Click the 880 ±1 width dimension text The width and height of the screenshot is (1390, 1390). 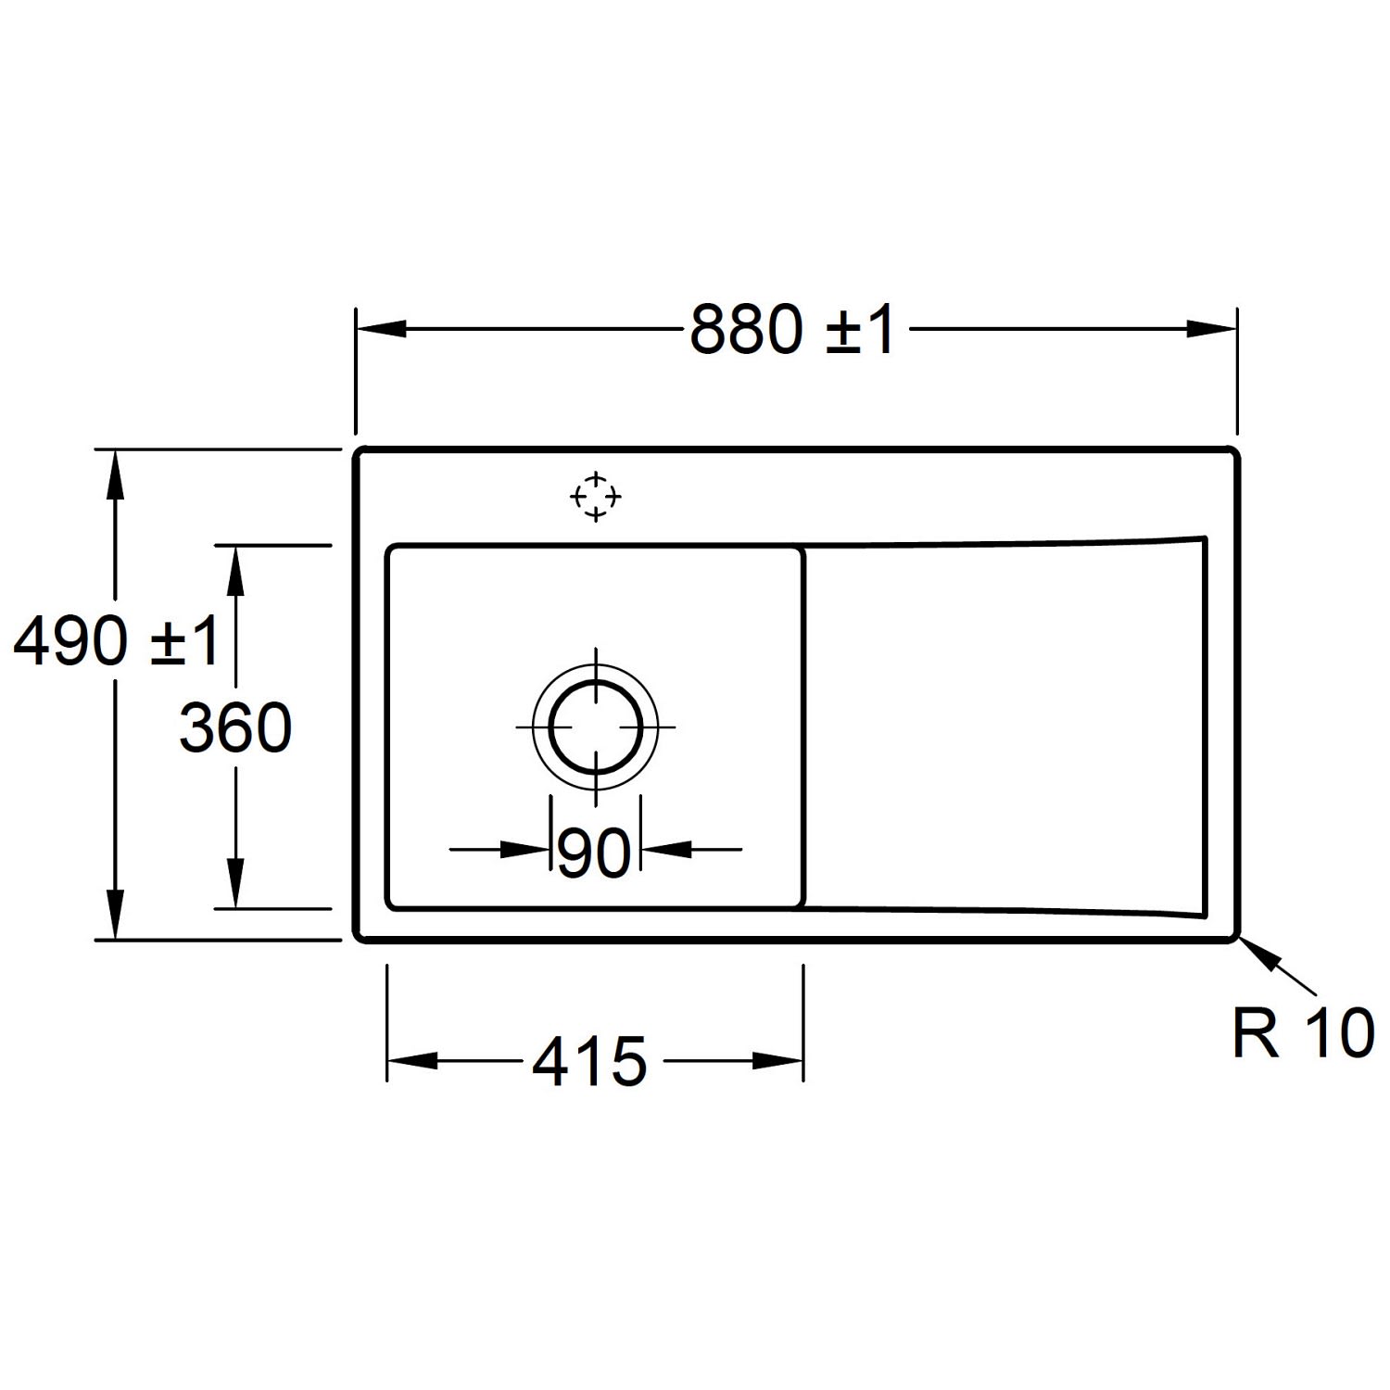point(793,330)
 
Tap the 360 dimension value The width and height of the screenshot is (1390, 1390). point(235,727)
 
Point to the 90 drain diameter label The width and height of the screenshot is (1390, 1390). point(595,853)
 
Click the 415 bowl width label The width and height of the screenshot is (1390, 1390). point(589,1062)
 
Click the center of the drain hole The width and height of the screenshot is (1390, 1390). point(595,726)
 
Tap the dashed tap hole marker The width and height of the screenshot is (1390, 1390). point(595,497)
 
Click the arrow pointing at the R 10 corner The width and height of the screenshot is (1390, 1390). point(1277,968)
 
